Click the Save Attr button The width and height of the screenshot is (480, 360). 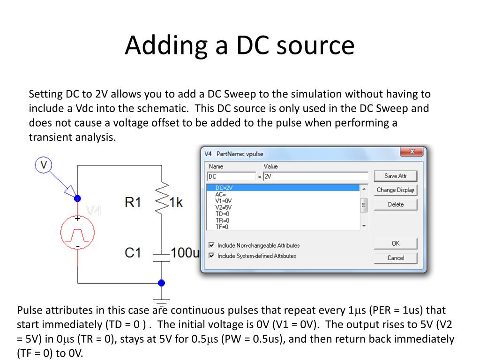(395, 176)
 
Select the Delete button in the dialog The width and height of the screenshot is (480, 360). (395, 204)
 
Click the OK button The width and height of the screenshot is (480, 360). (395, 243)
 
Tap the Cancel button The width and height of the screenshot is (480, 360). (395, 258)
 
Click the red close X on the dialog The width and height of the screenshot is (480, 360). (412, 151)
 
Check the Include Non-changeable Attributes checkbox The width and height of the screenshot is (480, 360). (212, 245)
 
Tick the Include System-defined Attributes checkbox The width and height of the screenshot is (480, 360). (212, 256)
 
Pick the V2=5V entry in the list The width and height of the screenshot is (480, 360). (223, 207)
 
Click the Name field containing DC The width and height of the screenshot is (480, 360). (231, 176)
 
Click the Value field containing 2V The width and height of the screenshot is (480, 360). (315, 176)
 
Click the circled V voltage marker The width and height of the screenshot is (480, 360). (44, 165)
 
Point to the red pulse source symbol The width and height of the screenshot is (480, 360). (77, 232)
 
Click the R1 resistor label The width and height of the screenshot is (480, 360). (133, 202)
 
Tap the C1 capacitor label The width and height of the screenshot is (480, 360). (133, 253)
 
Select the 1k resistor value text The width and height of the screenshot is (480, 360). (176, 202)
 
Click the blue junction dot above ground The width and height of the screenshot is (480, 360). (162, 283)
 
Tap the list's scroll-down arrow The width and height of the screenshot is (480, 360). (364, 226)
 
